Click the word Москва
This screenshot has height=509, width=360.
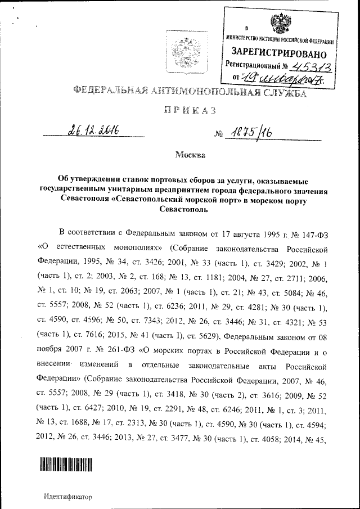(x=190, y=154)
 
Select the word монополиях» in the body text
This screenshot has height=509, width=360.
(x=138, y=247)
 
